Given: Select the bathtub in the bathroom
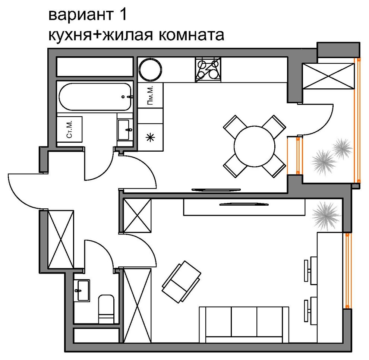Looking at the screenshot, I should [x=95, y=97].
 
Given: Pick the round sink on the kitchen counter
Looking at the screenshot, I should [x=150, y=69].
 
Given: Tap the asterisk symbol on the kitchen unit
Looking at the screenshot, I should [x=150, y=138].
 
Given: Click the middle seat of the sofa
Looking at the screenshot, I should [x=244, y=322].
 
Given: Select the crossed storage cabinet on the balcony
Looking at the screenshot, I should [x=328, y=76].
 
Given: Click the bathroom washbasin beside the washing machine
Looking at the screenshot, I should [x=124, y=129].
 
